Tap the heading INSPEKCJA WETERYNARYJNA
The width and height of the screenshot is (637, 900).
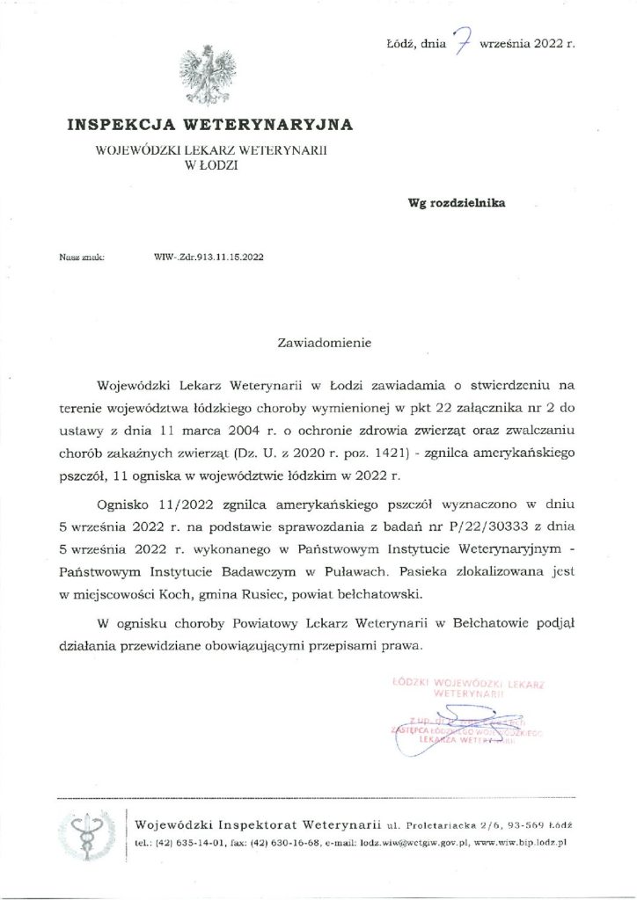coord(211,124)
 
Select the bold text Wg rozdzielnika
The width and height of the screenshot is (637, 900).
coord(455,201)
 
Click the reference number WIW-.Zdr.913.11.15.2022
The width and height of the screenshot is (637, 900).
coord(208,259)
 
